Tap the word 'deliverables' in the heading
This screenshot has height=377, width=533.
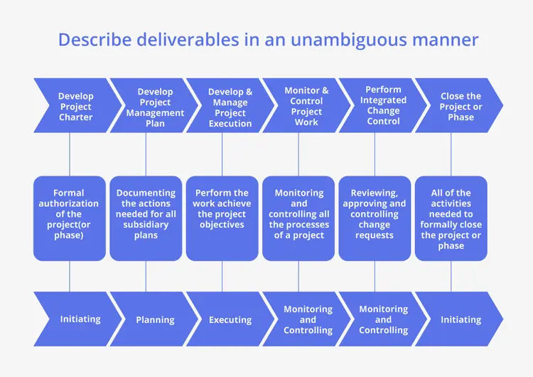point(186,40)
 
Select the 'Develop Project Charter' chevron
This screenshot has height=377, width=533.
point(75,106)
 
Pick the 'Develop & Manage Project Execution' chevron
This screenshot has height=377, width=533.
point(230,107)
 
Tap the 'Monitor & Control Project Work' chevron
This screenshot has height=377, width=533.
point(306,106)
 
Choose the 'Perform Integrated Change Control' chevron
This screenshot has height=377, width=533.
point(382,105)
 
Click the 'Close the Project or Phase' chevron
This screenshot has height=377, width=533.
point(460,106)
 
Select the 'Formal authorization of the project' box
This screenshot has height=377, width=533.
point(70,218)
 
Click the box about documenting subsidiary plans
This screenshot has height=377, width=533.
point(146,218)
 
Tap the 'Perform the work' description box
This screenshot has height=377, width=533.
point(222,218)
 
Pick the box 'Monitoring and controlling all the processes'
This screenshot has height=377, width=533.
point(298,218)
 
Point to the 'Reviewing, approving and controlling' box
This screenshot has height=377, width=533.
point(375,218)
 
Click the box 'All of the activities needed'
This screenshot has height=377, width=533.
point(451,218)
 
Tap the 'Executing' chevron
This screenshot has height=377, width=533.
point(230,319)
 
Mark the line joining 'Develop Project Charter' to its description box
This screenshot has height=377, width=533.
point(70,154)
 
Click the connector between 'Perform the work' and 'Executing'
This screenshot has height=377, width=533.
point(222,276)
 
